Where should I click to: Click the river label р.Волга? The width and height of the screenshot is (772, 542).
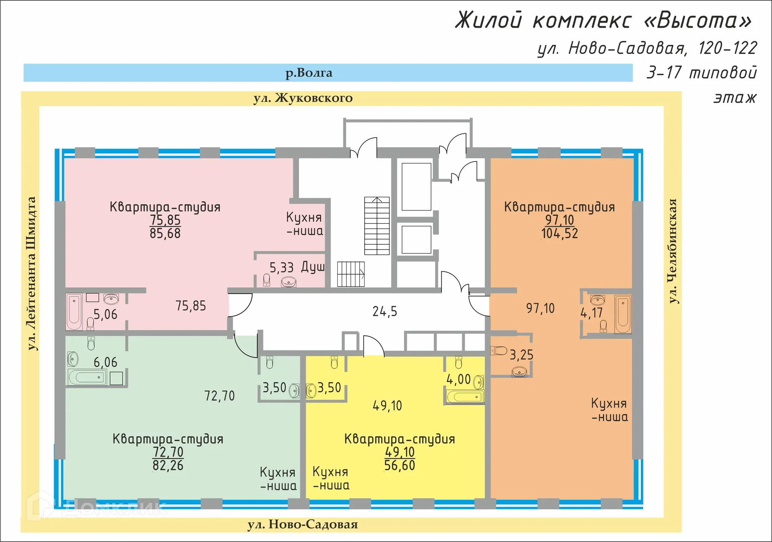click(x=309, y=73)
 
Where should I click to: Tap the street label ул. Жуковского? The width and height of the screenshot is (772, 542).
click(x=303, y=98)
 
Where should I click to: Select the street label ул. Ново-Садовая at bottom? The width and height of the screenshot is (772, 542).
click(x=302, y=524)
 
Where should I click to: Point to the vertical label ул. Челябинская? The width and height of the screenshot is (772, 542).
click(x=672, y=251)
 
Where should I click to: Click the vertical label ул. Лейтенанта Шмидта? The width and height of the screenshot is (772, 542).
click(x=31, y=273)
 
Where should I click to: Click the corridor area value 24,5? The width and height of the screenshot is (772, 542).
click(x=384, y=311)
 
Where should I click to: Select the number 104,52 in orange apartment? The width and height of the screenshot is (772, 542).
click(x=559, y=233)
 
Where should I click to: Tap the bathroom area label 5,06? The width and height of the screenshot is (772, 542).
click(x=105, y=314)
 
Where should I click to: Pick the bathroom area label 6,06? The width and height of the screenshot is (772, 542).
click(x=105, y=362)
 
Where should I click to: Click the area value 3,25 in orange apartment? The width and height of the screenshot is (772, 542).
click(x=521, y=355)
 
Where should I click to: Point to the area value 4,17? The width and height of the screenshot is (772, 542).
click(x=591, y=313)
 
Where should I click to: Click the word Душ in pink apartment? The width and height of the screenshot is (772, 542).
click(x=312, y=267)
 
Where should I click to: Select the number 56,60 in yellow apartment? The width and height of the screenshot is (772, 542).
click(x=399, y=466)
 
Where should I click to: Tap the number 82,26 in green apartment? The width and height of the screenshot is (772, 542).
click(x=168, y=466)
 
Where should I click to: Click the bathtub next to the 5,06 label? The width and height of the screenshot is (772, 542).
click(x=74, y=312)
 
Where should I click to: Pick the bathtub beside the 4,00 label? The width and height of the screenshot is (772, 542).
click(x=465, y=397)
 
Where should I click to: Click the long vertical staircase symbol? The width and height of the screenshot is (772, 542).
click(x=377, y=226)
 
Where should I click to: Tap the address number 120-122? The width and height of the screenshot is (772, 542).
click(x=727, y=48)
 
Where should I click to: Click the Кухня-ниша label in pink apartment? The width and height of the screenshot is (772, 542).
click(x=304, y=224)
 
